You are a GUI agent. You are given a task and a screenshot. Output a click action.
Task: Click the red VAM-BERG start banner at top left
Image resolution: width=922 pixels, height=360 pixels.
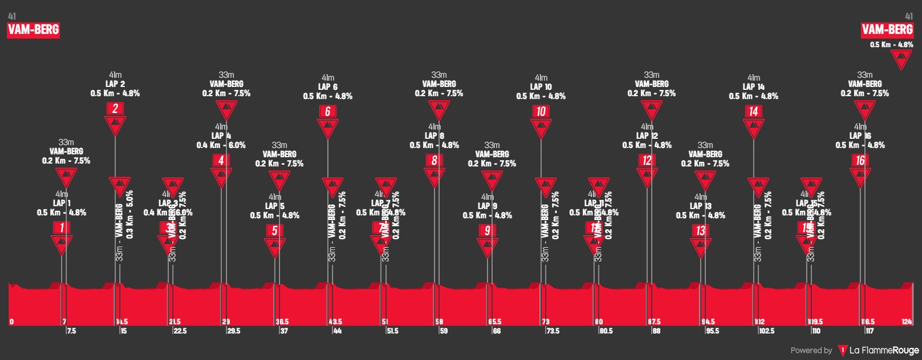coord(33,30)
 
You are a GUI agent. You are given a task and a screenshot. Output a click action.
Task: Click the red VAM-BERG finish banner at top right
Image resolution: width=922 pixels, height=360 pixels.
coord(887,30)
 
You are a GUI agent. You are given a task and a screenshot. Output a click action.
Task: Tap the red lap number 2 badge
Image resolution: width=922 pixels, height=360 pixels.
coord(115,108)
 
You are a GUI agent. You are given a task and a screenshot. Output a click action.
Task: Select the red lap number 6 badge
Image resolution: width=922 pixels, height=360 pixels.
coord(328,111)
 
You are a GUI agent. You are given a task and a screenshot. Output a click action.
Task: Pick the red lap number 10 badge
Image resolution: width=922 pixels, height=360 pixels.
coord(541,111)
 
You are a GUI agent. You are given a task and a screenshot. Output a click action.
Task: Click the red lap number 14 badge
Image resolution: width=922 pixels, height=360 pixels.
coord(753,111)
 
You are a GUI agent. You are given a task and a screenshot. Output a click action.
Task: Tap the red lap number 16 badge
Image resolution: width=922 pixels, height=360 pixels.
coord(860,160)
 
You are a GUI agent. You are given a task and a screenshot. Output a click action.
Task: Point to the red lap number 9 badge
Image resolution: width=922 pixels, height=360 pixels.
coord(488,230)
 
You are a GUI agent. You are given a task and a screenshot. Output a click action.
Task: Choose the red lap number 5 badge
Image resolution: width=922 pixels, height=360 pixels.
coord(275,230)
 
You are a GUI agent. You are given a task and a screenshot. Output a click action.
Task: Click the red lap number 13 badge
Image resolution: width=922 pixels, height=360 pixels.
coord(700,230)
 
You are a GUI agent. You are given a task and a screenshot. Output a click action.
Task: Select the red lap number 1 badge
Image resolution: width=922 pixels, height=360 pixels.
coord(62,228)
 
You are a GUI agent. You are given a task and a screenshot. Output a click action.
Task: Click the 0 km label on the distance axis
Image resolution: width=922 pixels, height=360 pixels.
coord(12,321)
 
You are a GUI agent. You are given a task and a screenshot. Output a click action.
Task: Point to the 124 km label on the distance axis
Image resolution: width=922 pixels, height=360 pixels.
coord(906,321)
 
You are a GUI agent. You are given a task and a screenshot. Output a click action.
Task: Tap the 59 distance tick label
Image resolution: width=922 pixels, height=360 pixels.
coord(444,331)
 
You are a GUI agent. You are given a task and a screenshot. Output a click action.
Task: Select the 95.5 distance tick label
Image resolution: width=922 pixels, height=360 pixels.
coord(712,331)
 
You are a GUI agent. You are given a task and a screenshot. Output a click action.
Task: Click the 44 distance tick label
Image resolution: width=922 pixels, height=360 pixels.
coord(337,331)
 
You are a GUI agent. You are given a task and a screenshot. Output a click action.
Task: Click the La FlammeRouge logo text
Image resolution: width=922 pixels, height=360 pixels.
coord(884,350)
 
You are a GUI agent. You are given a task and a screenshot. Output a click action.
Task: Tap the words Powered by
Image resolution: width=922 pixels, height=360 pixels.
coord(811,350)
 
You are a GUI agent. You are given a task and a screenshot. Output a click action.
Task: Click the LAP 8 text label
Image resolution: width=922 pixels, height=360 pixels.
coord(434,136)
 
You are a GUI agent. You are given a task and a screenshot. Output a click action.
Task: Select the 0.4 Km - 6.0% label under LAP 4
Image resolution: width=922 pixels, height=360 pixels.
coord(221,145)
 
